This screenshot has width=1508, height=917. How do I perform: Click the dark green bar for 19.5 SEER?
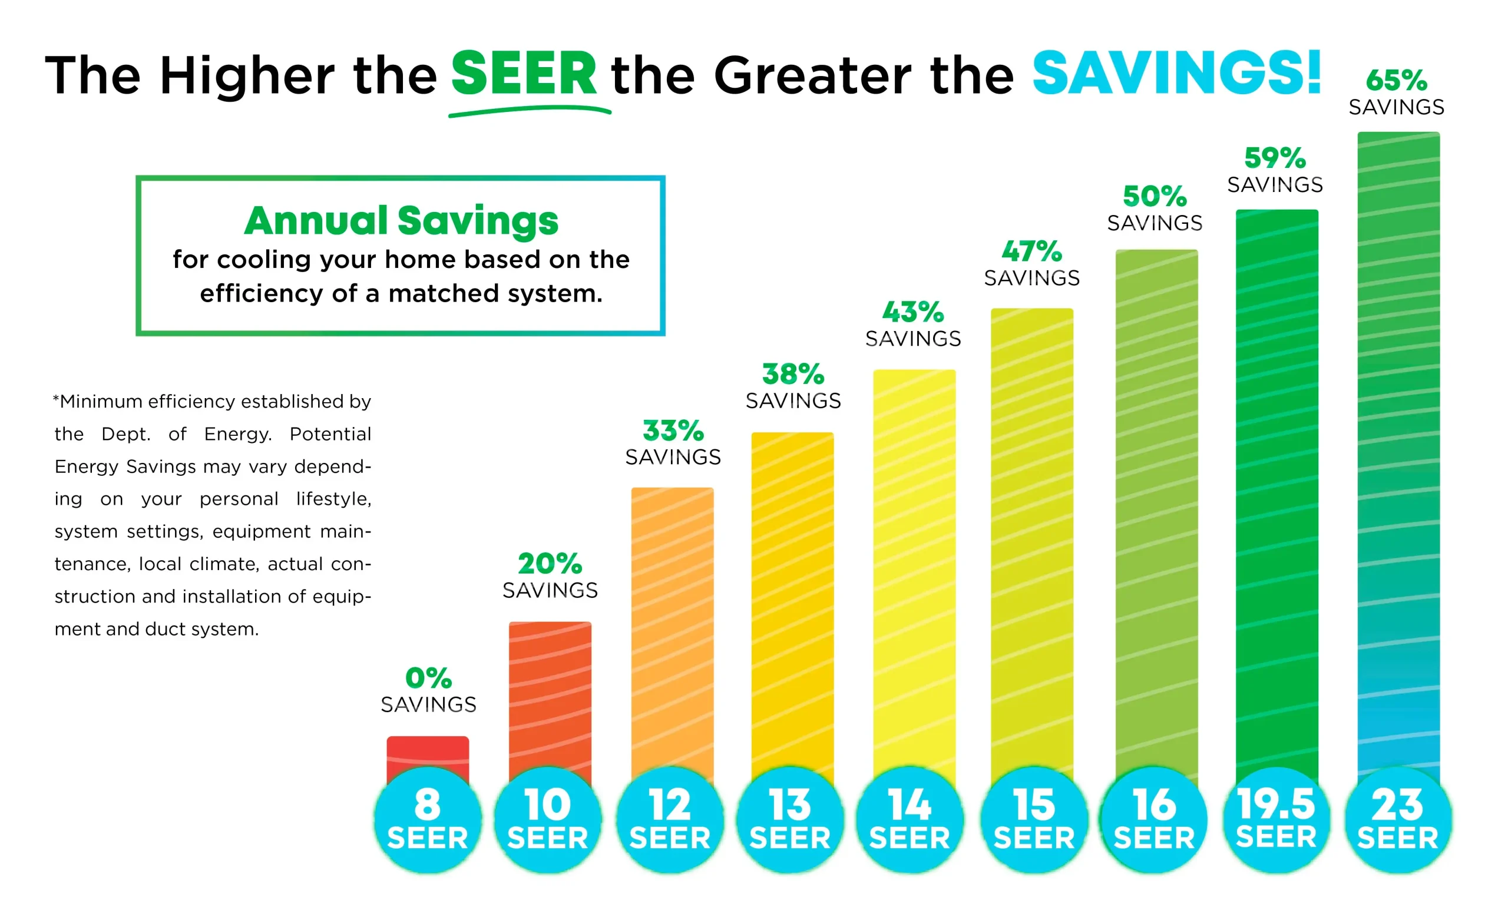[1276, 489]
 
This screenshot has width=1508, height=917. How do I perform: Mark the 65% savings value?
[1396, 81]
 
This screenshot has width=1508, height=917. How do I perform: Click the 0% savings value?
[428, 678]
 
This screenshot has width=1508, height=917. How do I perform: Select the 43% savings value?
[912, 312]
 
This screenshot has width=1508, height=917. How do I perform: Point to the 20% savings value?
[550, 564]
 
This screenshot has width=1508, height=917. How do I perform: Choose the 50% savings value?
[1154, 196]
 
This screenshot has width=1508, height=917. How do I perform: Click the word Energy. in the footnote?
[237, 434]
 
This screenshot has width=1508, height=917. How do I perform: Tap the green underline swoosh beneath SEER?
[530, 111]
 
